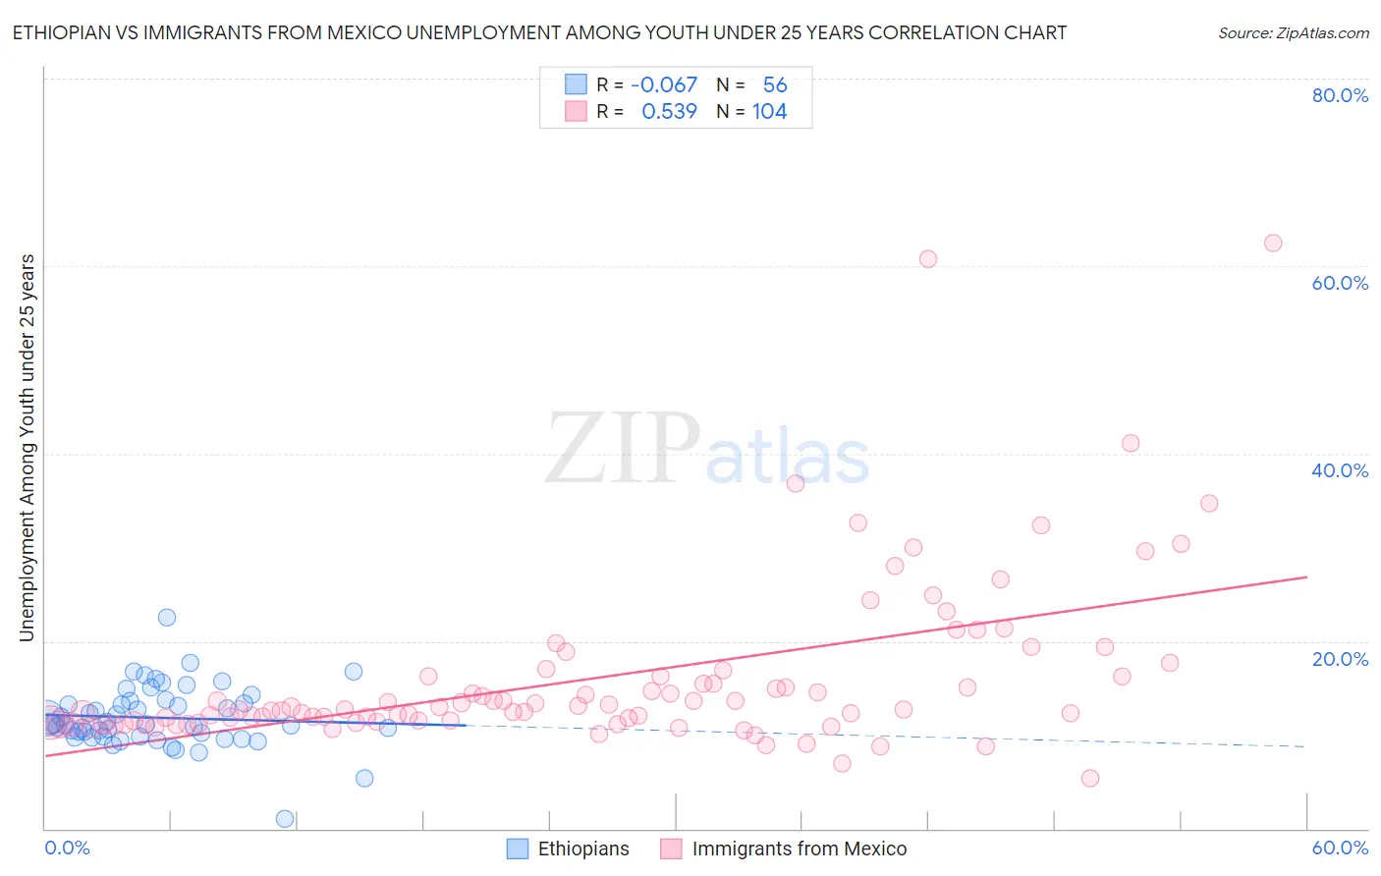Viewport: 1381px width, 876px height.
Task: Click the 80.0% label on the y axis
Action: (1340, 95)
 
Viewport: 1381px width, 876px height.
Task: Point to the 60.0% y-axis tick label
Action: (1340, 283)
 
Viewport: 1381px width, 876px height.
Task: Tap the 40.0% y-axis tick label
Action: (1340, 470)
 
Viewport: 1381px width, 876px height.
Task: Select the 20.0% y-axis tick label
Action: (1340, 658)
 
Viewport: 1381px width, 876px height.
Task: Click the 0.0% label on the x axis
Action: (67, 848)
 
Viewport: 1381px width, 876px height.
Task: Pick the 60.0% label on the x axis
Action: (1340, 848)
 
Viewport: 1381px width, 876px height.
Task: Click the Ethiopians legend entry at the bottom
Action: (582, 849)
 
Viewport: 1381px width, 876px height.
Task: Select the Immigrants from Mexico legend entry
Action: (799, 849)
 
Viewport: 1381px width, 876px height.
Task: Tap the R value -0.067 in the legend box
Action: (664, 85)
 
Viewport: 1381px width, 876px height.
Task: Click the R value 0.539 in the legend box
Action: (669, 112)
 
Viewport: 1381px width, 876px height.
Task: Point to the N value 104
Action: (769, 112)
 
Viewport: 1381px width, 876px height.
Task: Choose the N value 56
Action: (775, 85)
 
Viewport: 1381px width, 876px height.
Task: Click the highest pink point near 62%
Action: (1273, 243)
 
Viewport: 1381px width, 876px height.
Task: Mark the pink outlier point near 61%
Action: (928, 259)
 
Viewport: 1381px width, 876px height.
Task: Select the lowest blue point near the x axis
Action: (285, 818)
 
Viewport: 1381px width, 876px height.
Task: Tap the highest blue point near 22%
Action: (167, 618)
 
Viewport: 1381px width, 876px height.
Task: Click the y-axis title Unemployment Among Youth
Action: (27, 448)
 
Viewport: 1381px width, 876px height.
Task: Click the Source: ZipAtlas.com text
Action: (1293, 33)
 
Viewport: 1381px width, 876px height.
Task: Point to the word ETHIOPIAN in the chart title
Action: (61, 33)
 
